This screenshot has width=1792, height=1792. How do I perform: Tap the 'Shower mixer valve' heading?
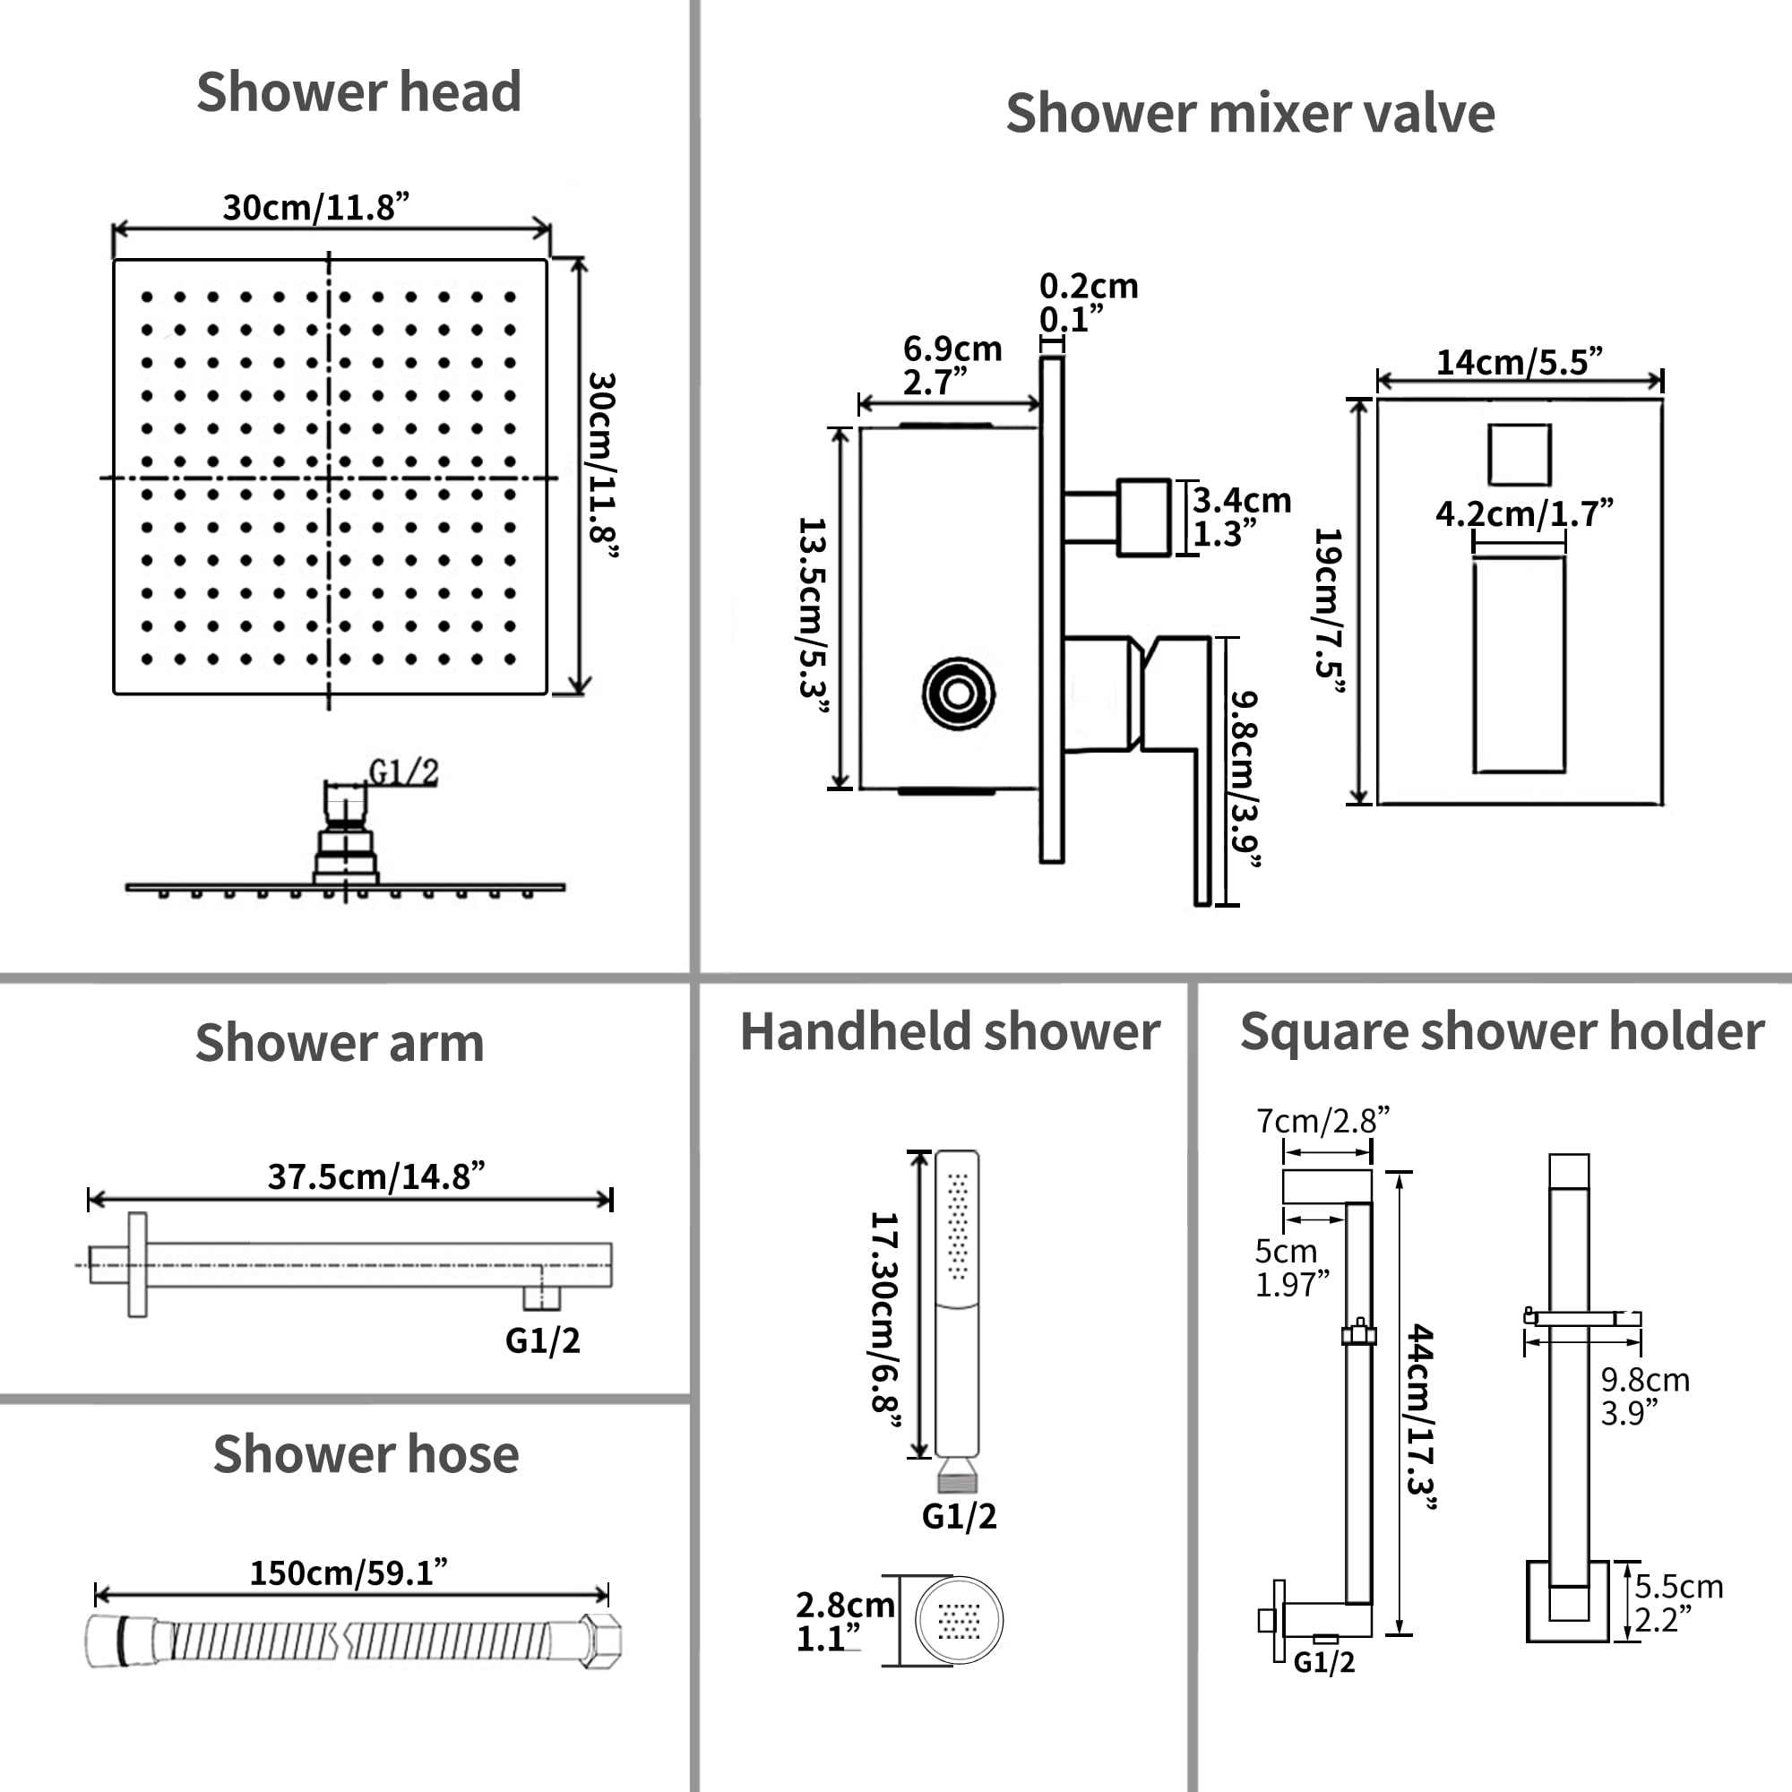pyautogui.click(x=1249, y=113)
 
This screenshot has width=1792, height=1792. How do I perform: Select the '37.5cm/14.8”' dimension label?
pyautogui.click(x=375, y=1176)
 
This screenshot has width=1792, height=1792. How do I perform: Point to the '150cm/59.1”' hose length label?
pyautogui.click(x=348, y=1572)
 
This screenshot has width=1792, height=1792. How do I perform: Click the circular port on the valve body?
pyautogui.click(x=958, y=693)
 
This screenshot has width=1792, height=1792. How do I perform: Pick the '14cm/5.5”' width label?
pyautogui.click(x=1519, y=362)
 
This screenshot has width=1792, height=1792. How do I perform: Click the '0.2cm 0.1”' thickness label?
pyautogui.click(x=1087, y=302)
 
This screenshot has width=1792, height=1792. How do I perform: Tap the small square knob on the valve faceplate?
pyautogui.click(x=1519, y=454)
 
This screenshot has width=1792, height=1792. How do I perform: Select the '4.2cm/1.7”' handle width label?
pyautogui.click(x=1523, y=513)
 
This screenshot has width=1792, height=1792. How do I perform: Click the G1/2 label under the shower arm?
pyautogui.click(x=543, y=1340)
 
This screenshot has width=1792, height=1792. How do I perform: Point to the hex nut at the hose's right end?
pyautogui.click(x=601, y=1641)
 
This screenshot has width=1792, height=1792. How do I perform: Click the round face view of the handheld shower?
pyautogui.click(x=959, y=1620)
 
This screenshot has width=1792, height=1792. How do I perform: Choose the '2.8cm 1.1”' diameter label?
pyautogui.click(x=844, y=1622)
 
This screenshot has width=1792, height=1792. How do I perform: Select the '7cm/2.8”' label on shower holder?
pyautogui.click(x=1322, y=1121)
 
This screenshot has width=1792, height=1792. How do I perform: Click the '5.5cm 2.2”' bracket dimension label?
pyautogui.click(x=1678, y=1603)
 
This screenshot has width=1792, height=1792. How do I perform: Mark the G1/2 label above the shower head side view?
pyautogui.click(x=403, y=771)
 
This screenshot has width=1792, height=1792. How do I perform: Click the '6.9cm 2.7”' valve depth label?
pyautogui.click(x=952, y=365)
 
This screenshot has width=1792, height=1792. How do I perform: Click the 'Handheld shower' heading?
pyautogui.click(x=949, y=1031)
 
